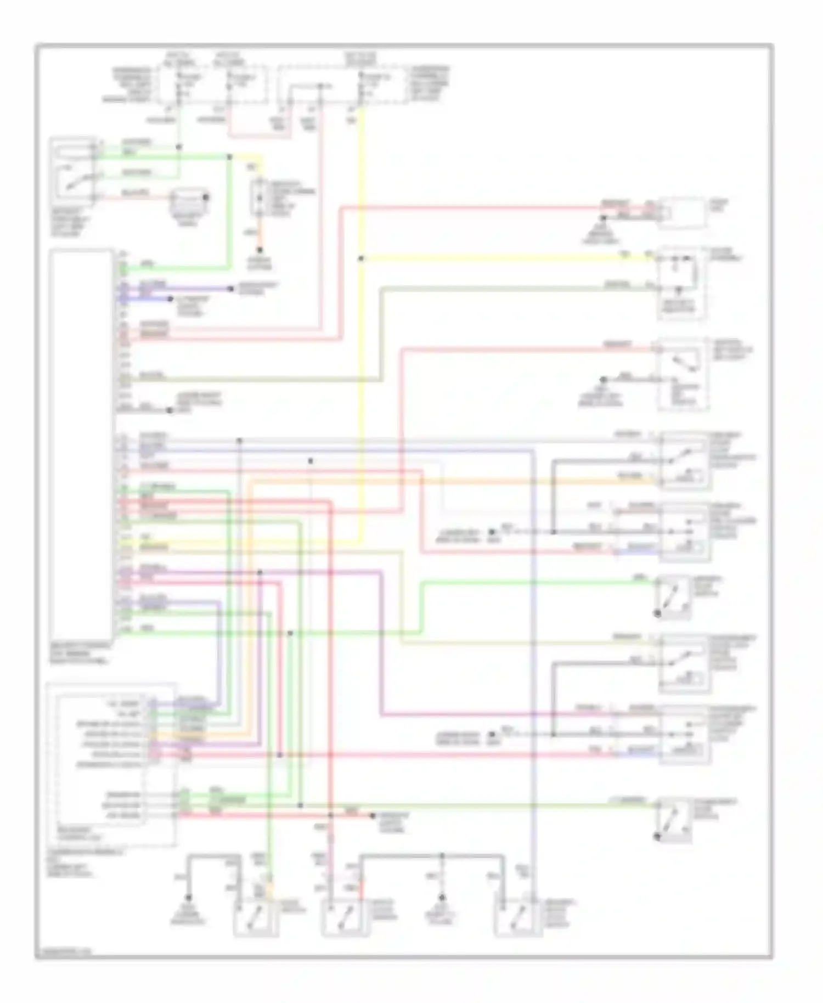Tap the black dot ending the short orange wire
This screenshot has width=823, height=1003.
pyautogui.click(x=260, y=250)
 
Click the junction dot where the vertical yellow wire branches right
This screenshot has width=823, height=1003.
pyautogui.click(x=361, y=258)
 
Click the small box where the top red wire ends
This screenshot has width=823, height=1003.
pyautogui.click(x=683, y=213)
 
